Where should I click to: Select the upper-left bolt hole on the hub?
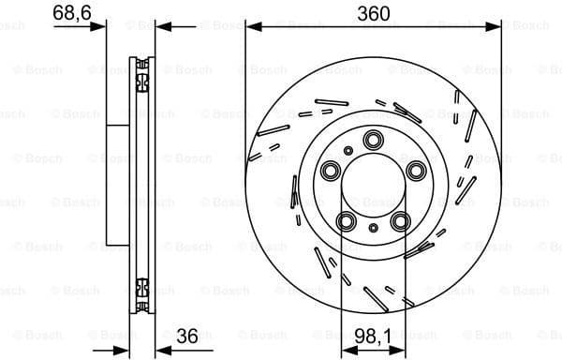tap(333, 171)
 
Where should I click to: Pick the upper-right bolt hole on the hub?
tap(414, 170)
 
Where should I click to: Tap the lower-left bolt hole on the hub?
tap(348, 220)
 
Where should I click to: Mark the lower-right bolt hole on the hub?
tap(401, 220)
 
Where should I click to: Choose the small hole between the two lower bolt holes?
tap(374, 228)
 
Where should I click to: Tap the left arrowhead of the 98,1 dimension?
tap(345, 351)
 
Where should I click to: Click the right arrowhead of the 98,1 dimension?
tap(403, 351)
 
